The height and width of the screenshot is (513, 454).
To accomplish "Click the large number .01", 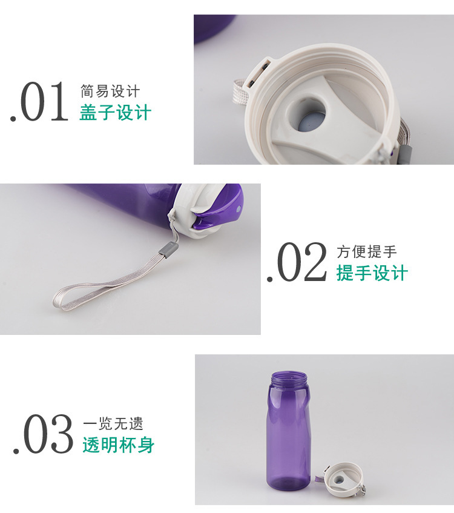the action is coord(39,102).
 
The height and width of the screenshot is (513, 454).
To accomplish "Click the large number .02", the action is coord(297,262).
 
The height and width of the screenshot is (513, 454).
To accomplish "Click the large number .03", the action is coord(43,434).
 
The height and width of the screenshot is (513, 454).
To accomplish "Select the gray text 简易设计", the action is coord(110,91).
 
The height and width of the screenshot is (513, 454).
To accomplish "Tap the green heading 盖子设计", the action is coord(116,113).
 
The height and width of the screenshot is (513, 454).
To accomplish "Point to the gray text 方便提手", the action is coord(367,251).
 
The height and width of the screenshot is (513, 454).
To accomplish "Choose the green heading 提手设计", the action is coord(372,273).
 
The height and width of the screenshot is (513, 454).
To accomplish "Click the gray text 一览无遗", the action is coord(113,424).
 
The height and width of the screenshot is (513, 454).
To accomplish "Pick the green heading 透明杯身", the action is coord(119,445).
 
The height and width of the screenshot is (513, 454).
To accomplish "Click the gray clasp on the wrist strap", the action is coord(166,250).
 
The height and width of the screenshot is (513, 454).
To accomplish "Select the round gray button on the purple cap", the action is coord(238,208).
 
